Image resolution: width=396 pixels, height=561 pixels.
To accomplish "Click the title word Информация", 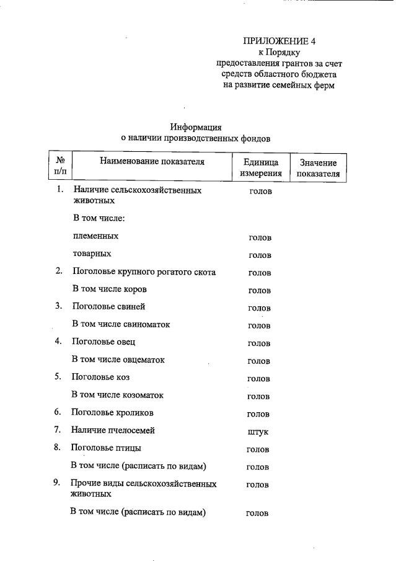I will tap(196, 127).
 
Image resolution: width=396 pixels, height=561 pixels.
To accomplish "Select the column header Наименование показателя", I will tap(152, 162).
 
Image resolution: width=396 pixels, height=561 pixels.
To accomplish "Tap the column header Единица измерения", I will tap(261, 168).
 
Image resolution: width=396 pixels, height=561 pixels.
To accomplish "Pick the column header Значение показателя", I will tap(318, 168).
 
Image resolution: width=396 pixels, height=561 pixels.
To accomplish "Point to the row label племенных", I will tap(95, 236).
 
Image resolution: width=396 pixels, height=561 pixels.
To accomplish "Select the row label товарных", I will tap(92, 254).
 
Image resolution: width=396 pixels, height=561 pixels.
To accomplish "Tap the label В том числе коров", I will tap(110, 289).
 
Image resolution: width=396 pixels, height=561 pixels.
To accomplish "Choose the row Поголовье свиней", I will tap(108, 306).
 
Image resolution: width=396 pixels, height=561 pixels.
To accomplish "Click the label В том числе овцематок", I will tap(118, 360).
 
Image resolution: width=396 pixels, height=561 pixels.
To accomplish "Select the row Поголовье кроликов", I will tap(112, 412).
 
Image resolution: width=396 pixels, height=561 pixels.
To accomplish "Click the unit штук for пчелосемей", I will tap(258, 431).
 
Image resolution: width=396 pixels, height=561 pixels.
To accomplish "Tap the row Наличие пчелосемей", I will tap(113, 430).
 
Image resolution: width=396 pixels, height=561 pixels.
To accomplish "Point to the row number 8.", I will tap(57, 448).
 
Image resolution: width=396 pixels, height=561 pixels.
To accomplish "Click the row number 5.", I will tap(58, 377).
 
